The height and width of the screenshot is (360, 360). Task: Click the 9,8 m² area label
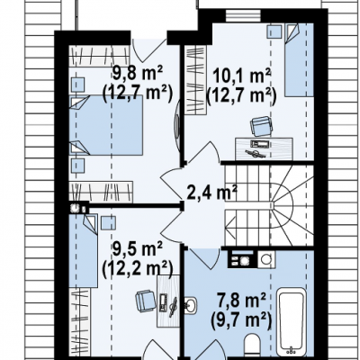click(138, 74)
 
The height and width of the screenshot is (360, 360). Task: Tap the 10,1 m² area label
click(241, 76)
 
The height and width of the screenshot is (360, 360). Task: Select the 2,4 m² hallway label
click(212, 192)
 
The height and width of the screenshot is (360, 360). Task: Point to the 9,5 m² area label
click(138, 249)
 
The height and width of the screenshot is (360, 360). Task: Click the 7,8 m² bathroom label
click(241, 301)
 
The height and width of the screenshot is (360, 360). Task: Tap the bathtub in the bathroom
click(292, 321)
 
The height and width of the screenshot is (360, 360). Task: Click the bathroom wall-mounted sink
click(191, 305)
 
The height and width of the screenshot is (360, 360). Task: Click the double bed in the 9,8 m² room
click(106, 125)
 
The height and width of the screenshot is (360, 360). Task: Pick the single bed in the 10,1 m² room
click(299, 60)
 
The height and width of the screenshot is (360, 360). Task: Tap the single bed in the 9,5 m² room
click(84, 251)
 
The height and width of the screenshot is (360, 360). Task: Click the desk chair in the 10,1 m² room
click(262, 126)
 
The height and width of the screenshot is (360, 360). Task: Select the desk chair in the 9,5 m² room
click(146, 301)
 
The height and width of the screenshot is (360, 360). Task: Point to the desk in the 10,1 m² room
click(264, 148)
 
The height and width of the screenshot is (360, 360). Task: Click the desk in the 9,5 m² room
click(168, 301)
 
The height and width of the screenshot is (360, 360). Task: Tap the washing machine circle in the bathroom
click(265, 258)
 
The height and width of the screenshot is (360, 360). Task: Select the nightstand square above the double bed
click(77, 84)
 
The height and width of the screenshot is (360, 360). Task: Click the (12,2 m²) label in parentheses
click(138, 268)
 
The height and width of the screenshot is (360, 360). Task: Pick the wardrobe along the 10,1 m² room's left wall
click(195, 80)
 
